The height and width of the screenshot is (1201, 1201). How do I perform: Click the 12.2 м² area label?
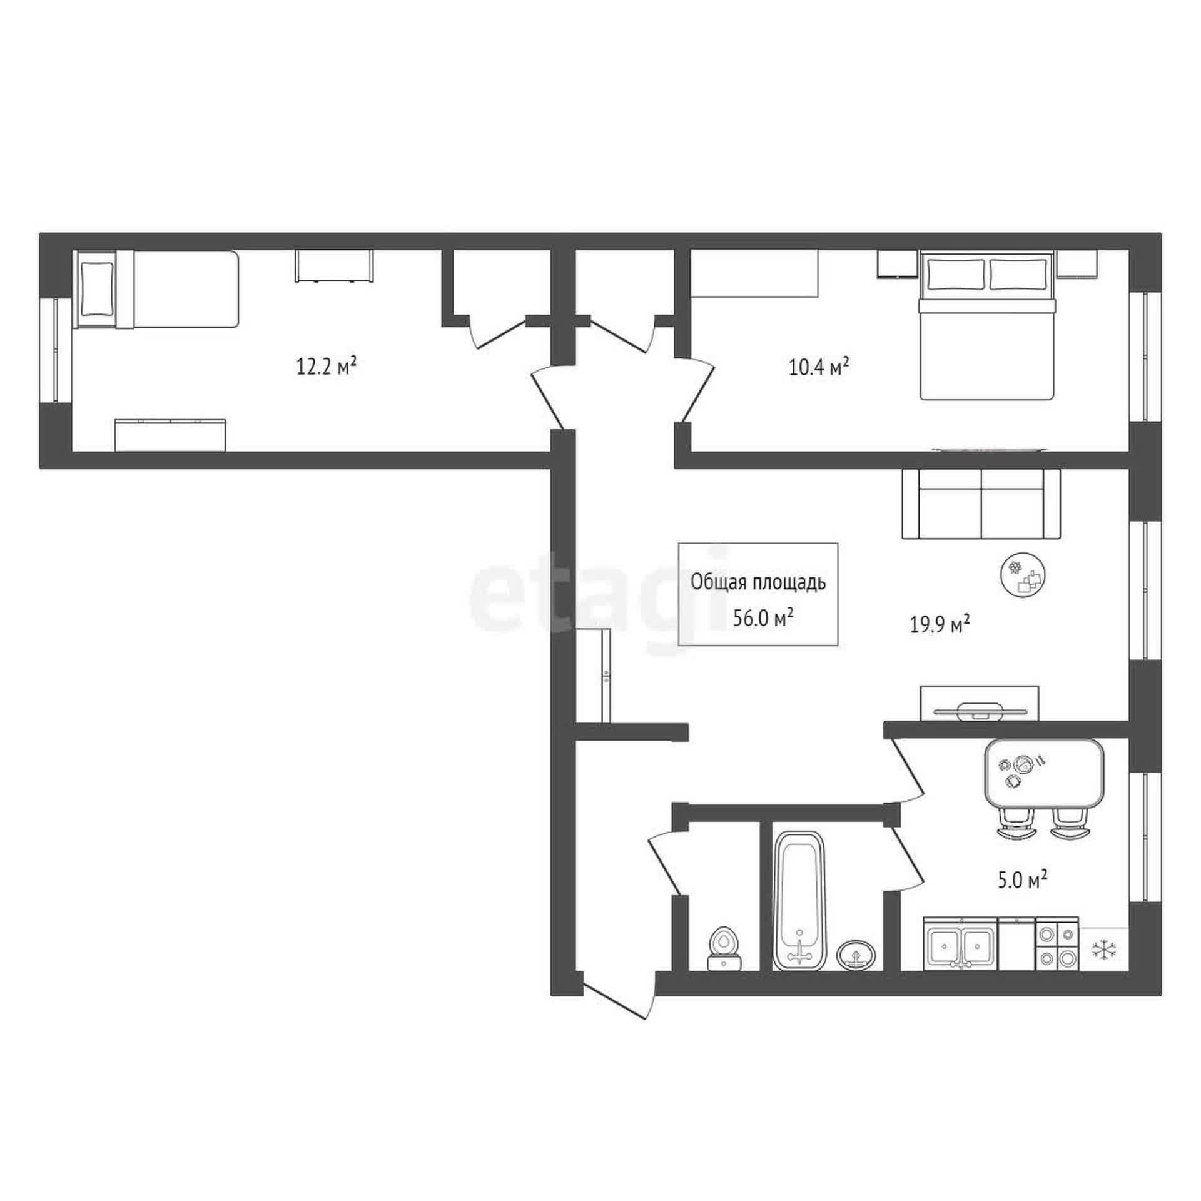coord(327,366)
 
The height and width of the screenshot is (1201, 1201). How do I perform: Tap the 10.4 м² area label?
coord(818,366)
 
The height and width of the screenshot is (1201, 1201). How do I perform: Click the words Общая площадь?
coord(758,583)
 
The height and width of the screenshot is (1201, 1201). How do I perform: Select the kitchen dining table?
coord(1043,773)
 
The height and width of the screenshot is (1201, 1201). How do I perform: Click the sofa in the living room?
coord(981,504)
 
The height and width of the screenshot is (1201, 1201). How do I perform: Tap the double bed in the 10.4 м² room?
coord(987,325)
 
